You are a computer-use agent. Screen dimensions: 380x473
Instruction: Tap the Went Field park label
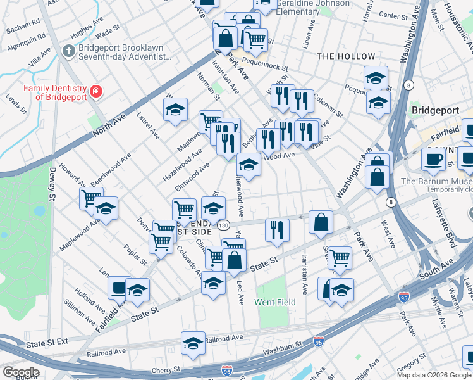click(275, 303)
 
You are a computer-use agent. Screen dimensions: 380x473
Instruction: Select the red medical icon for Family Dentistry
click(95, 92)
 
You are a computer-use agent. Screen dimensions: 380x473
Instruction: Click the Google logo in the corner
click(20, 372)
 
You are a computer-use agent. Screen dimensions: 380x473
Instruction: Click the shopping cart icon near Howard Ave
click(91, 198)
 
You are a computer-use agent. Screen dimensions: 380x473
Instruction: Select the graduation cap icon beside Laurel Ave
click(175, 110)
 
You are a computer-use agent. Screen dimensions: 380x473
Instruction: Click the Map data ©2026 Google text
click(434, 374)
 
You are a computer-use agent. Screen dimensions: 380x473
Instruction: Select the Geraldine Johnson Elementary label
click(312, 7)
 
